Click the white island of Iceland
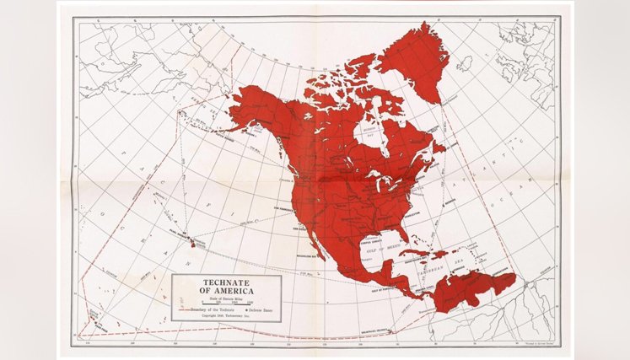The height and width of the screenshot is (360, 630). tap(464, 63)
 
